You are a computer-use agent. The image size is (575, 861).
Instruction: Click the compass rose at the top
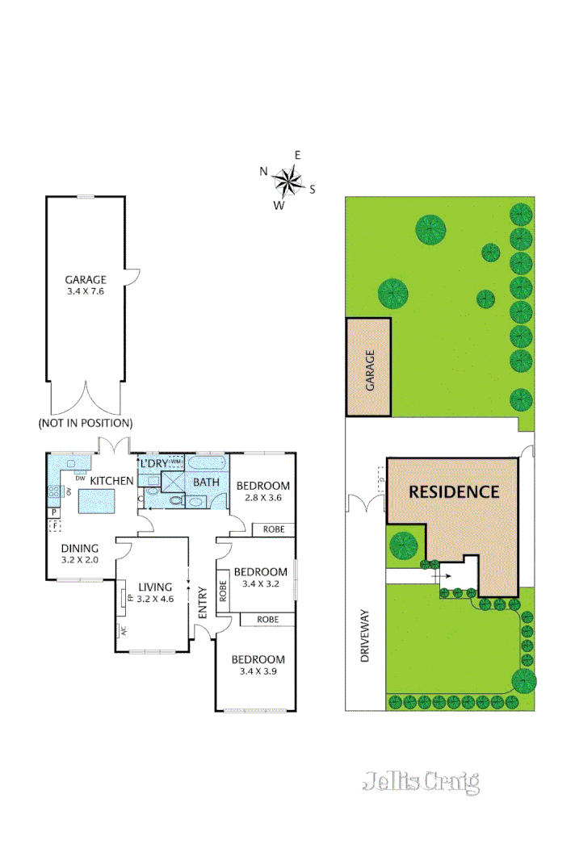coord(288,181)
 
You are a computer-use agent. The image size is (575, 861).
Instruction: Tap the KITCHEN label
coord(111,481)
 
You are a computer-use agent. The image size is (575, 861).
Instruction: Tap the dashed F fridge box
coord(54,525)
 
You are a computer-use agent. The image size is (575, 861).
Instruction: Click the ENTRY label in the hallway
coord(202,601)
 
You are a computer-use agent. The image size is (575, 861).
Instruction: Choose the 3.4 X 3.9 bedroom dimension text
coord(262,671)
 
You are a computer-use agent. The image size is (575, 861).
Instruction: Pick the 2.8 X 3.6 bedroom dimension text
coord(262,498)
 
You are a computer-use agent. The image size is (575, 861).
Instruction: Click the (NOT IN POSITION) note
coord(86,423)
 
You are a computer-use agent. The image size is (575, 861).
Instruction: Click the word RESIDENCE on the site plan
coord(453,491)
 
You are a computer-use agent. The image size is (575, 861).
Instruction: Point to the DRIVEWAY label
coord(365,636)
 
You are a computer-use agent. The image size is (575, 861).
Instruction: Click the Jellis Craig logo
coord(421,782)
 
